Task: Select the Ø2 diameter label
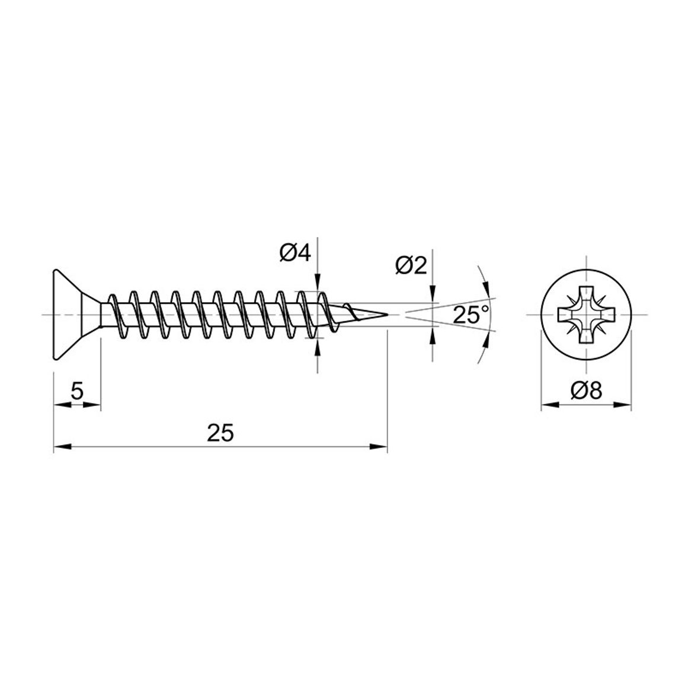click(411, 265)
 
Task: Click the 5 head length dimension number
click(77, 391)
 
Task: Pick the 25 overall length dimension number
click(220, 433)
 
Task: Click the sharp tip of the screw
click(388, 315)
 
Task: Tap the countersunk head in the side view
click(74, 315)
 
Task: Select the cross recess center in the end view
click(586, 315)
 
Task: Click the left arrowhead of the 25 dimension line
click(62, 446)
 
